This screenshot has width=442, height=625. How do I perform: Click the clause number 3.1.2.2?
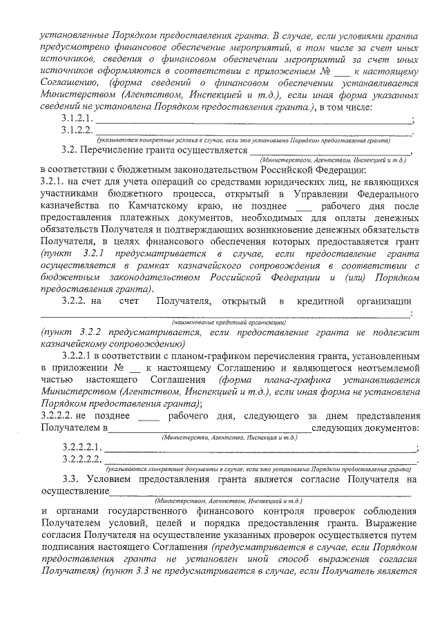tap(77, 129)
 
